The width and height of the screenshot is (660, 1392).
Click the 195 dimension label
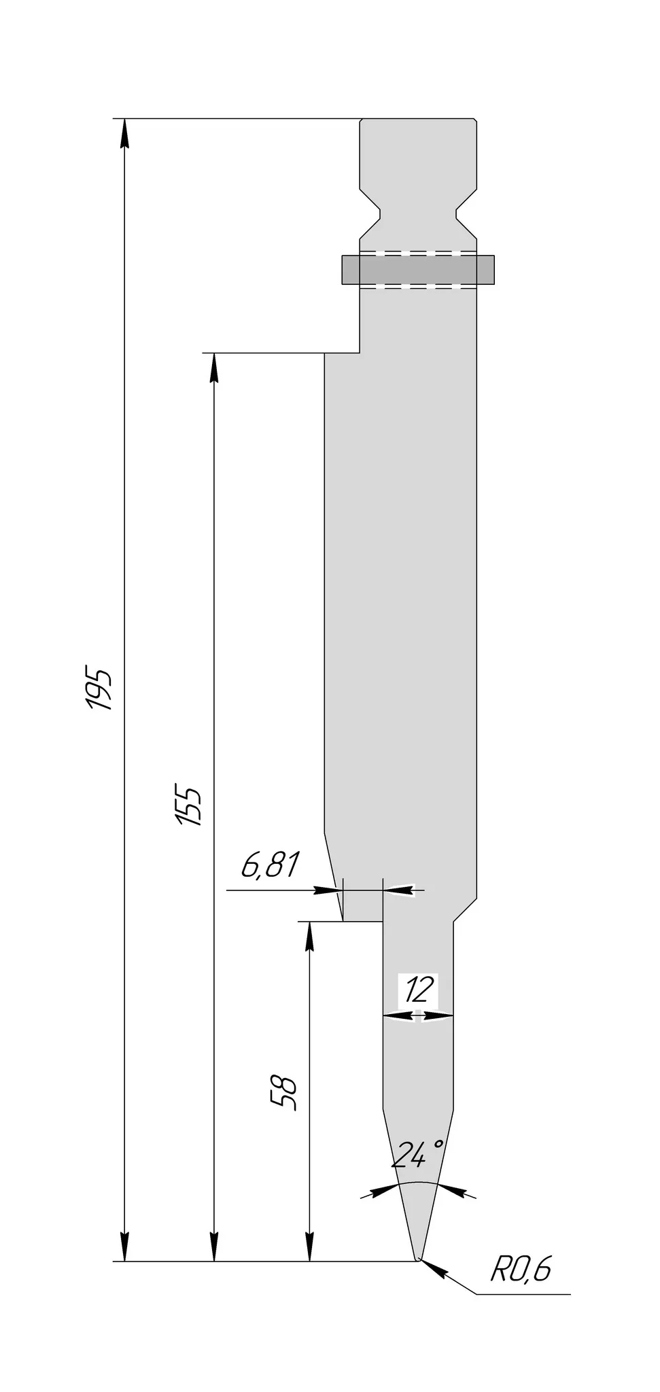tap(100, 690)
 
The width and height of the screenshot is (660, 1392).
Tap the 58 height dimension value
tap(285, 1094)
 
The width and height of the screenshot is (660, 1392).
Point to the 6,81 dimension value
tap(270, 866)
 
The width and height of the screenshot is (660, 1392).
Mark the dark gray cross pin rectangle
tap(417, 269)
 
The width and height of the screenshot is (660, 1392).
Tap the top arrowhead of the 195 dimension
tap(124, 133)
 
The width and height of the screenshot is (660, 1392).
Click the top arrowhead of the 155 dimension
tap(214, 367)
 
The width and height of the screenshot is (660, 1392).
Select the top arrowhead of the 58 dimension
tap(309, 935)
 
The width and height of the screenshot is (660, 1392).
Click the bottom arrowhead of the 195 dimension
tap(124, 1247)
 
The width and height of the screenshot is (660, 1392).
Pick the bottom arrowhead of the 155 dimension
tap(214, 1247)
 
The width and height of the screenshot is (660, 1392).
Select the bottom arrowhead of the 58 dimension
tap(309, 1247)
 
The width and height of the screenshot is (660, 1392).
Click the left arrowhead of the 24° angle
tap(385, 1189)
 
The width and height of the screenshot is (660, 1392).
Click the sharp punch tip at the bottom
tap(417, 1259)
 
